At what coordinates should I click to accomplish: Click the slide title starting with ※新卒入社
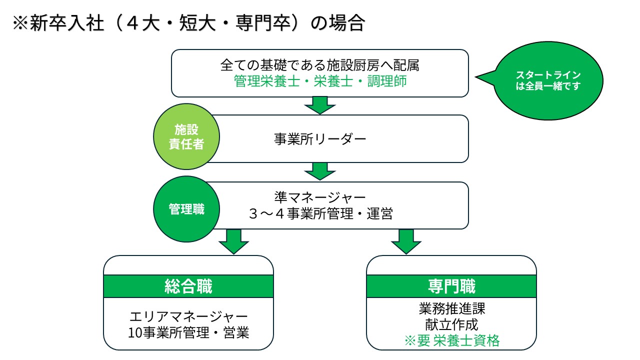[x=188, y=24]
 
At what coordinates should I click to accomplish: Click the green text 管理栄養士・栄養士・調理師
[x=320, y=81]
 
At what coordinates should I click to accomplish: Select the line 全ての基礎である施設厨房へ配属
[x=320, y=65]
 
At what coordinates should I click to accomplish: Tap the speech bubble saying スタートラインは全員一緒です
[x=548, y=80]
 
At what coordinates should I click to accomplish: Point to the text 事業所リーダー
[x=320, y=139]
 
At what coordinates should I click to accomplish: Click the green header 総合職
[x=188, y=286]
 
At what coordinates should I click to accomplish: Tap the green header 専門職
[x=451, y=286]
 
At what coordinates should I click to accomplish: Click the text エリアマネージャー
[x=188, y=316]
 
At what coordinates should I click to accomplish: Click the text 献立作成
[x=451, y=324]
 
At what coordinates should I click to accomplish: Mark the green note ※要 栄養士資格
[x=451, y=341]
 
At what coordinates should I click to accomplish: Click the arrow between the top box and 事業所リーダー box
[x=320, y=105]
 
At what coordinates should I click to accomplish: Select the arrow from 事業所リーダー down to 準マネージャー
[x=320, y=171]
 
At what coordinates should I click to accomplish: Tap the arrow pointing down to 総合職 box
[x=233, y=242]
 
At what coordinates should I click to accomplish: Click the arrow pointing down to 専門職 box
[x=406, y=242]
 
